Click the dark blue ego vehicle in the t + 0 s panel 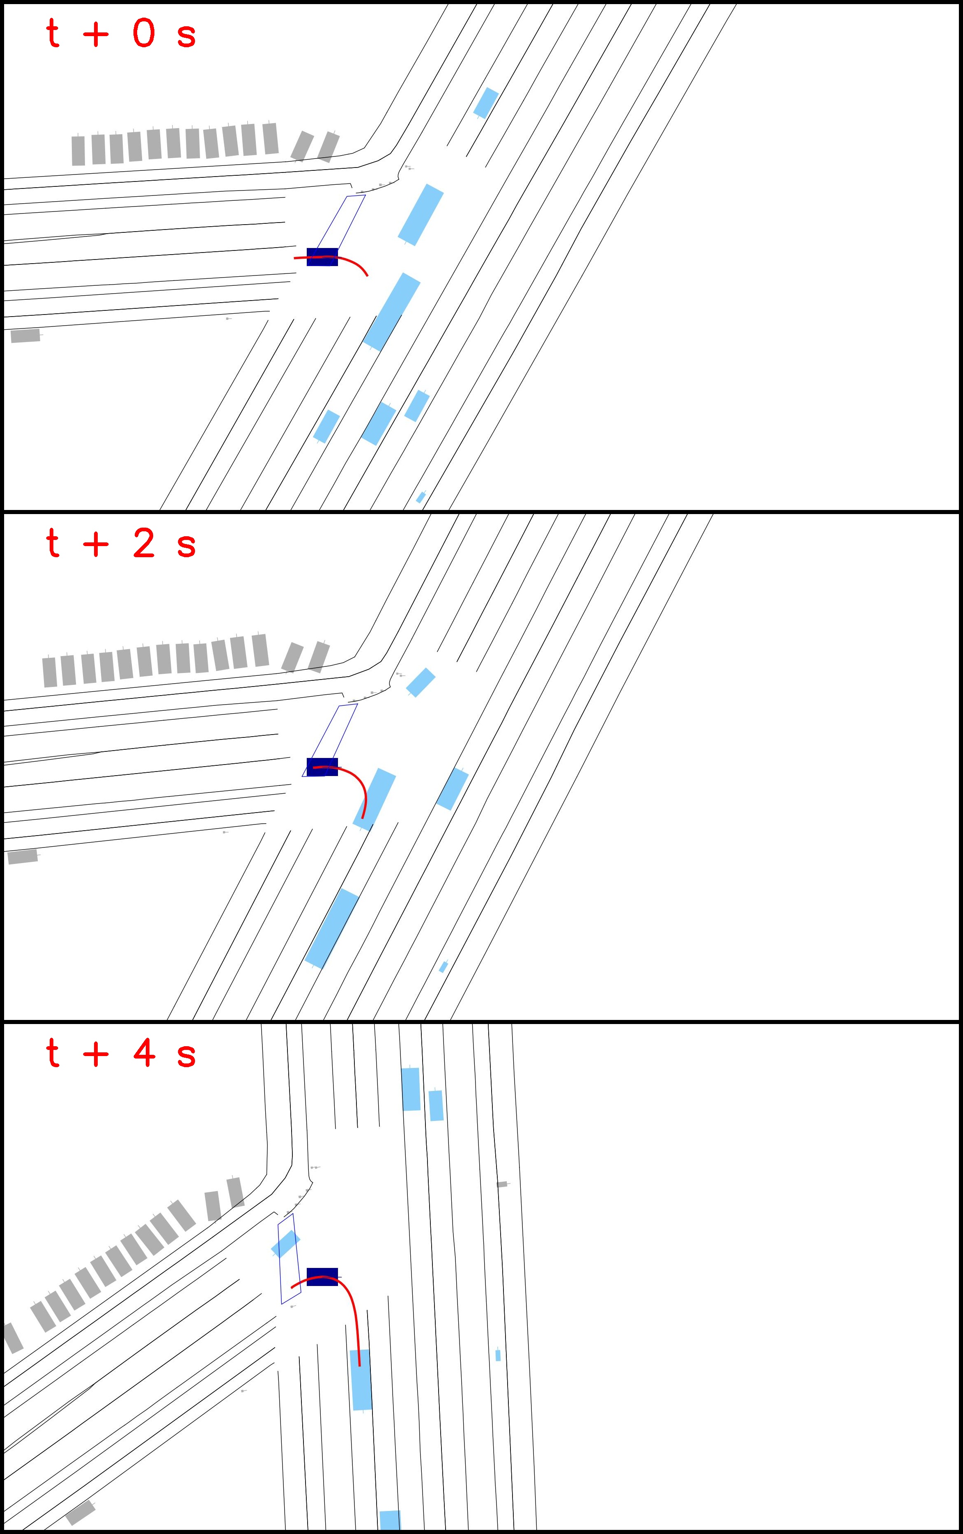(322, 257)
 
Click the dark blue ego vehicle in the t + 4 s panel (322, 1277)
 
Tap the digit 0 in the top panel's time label (144, 33)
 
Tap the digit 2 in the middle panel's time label (144, 543)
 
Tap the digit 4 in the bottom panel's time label (144, 1053)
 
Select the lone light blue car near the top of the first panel (486, 103)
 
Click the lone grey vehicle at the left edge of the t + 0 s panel (25, 335)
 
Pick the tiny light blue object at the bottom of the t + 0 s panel (421, 497)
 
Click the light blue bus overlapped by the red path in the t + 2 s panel (375, 799)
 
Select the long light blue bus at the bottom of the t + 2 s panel (332, 928)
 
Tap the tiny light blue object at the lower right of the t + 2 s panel (443, 967)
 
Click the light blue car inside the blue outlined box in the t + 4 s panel (285, 1244)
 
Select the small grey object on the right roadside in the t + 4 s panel (502, 1185)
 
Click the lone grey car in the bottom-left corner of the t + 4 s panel (80, 1513)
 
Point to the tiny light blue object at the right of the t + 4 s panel (498, 1355)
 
